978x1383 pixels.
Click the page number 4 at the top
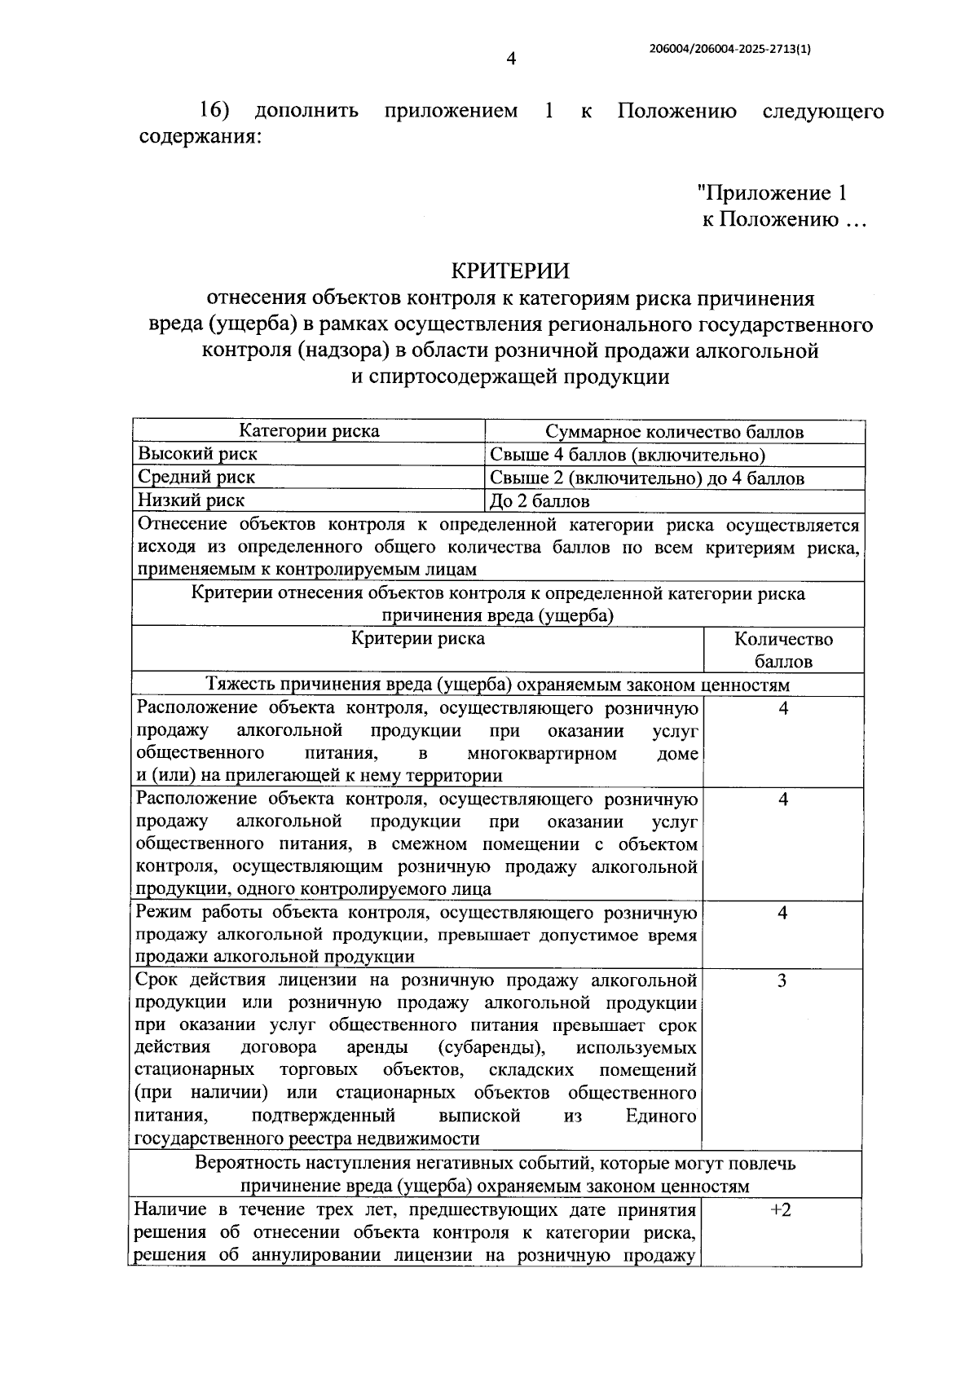[x=511, y=59]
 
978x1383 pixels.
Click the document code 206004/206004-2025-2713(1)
[x=729, y=49]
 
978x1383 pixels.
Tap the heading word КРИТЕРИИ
[x=510, y=270]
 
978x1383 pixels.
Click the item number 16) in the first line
[x=215, y=110]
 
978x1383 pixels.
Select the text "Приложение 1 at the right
[x=772, y=193]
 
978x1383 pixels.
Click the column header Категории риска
[x=309, y=431]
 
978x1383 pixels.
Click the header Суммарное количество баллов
[x=674, y=432]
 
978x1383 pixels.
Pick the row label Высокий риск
[x=197, y=454]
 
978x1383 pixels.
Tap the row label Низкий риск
[x=191, y=500]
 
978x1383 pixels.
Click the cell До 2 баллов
[x=540, y=500]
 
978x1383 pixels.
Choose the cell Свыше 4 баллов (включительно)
[x=628, y=455]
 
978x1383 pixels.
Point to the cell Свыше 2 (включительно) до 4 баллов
[x=647, y=478]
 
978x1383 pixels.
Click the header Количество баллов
[x=783, y=650]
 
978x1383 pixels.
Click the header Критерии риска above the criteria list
[x=417, y=638]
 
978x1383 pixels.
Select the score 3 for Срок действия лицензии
[x=782, y=980]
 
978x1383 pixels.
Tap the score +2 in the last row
[x=781, y=1209]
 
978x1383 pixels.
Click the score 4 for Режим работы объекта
[x=782, y=913]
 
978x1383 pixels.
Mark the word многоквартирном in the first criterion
[x=542, y=753]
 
